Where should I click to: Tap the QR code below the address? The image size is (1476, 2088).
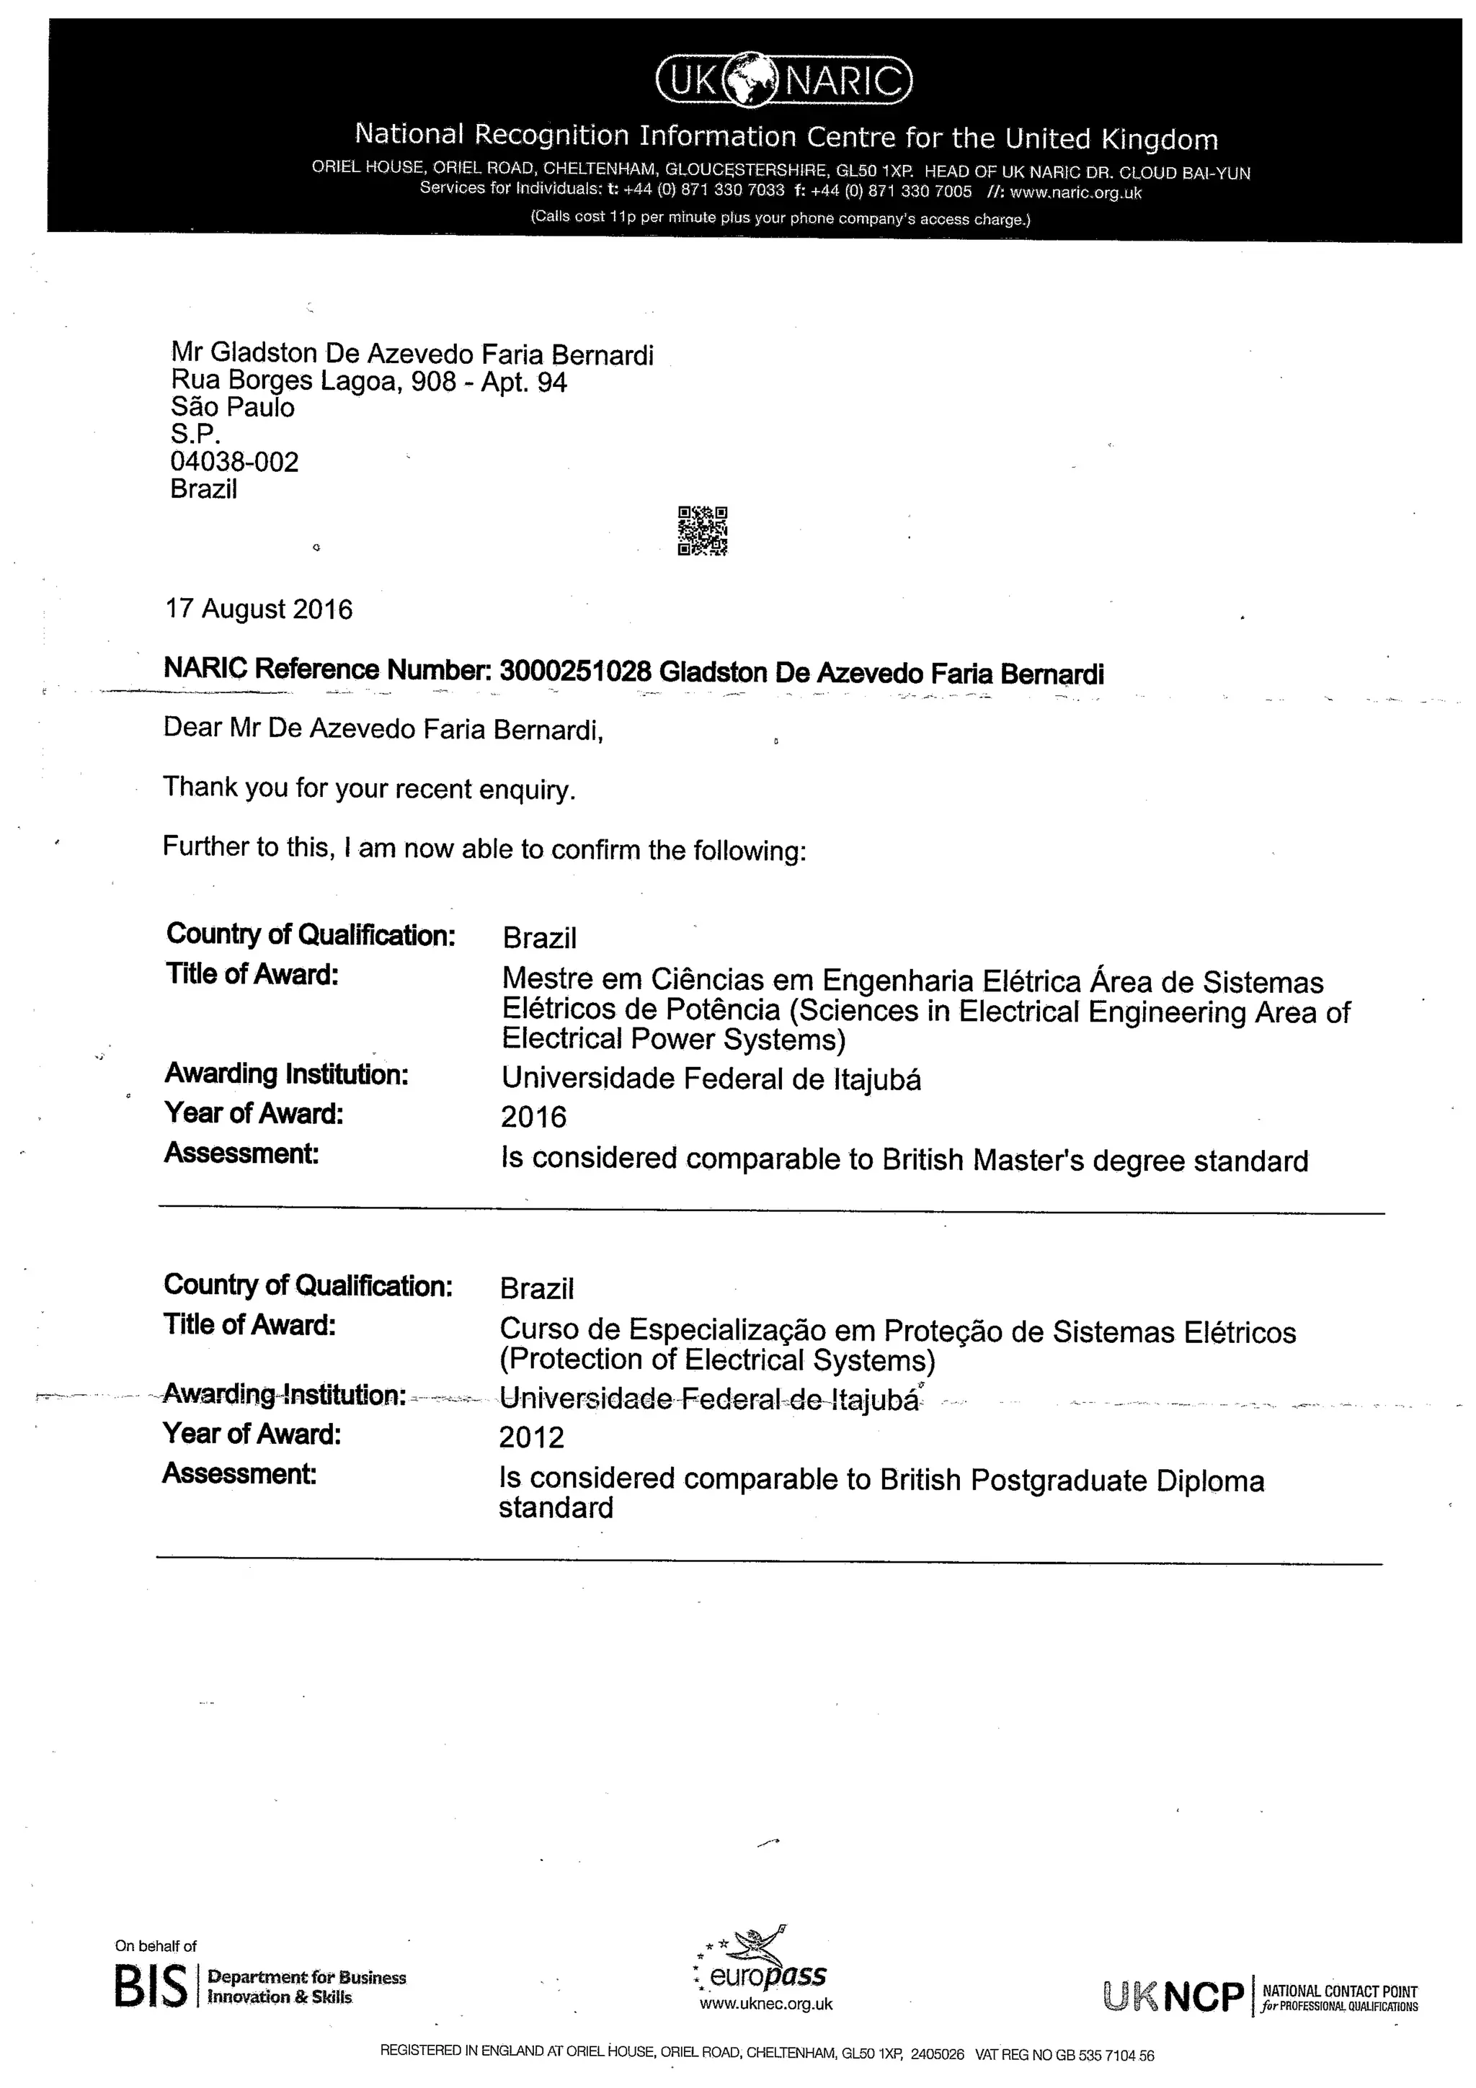pyautogui.click(x=702, y=530)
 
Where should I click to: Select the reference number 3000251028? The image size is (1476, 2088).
pyautogui.click(x=576, y=672)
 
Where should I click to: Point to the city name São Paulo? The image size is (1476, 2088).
pyautogui.click(x=232, y=406)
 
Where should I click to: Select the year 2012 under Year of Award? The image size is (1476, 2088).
pyautogui.click(x=531, y=1437)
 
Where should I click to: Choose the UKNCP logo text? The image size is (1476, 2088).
pyautogui.click(x=1173, y=1996)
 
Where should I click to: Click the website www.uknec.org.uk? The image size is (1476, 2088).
pyautogui.click(x=765, y=2004)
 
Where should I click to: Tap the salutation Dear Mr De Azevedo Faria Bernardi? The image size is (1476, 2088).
pyautogui.click(x=383, y=728)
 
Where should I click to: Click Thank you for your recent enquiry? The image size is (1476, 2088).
pyautogui.click(x=369, y=788)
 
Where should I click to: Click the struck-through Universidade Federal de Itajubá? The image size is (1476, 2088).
pyautogui.click(x=708, y=1398)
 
